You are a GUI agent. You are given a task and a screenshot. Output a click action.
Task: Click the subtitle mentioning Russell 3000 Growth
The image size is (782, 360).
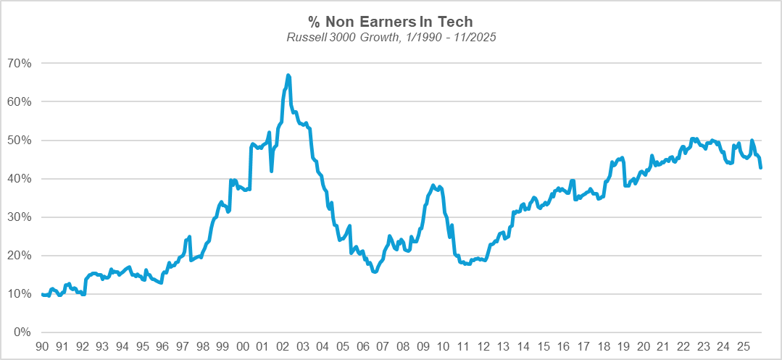tap(391, 36)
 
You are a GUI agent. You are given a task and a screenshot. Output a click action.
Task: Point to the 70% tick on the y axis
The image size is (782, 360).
tap(20, 63)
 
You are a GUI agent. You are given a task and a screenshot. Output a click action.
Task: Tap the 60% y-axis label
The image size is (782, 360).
tap(20, 101)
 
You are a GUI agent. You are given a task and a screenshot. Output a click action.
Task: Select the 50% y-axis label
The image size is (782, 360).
tap(20, 140)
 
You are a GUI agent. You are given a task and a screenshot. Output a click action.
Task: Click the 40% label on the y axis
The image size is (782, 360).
tap(20, 178)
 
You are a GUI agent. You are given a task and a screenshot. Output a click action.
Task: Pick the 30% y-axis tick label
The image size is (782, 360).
tap(20, 217)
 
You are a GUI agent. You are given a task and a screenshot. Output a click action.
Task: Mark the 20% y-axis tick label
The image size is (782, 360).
tap(20, 255)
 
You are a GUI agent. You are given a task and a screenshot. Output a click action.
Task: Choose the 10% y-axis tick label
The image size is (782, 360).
tap(20, 293)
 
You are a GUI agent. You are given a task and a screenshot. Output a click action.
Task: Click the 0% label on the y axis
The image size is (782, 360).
tap(23, 332)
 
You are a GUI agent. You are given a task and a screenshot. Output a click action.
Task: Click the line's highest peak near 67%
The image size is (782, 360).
tap(288, 75)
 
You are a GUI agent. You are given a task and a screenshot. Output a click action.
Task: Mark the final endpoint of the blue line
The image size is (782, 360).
tap(761, 168)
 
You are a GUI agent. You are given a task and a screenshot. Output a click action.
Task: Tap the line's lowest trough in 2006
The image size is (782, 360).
tap(375, 272)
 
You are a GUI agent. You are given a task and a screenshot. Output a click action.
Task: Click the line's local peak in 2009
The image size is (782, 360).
tap(433, 185)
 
